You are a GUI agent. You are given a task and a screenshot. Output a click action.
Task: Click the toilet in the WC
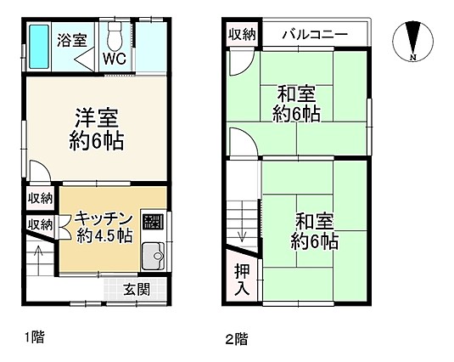point(115,36)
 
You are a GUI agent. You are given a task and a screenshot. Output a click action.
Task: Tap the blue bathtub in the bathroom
point(39,47)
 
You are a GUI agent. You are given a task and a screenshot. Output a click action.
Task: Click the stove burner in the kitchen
point(153,222)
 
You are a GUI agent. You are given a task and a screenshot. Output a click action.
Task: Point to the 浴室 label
point(72,40)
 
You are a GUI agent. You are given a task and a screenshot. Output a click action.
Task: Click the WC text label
point(115,59)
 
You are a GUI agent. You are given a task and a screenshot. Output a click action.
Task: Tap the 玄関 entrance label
point(137,289)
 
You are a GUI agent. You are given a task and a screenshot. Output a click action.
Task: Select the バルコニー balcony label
point(315,35)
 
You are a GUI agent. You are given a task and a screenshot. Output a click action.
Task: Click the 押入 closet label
point(242,280)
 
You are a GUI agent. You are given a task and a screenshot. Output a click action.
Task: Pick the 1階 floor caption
point(34,337)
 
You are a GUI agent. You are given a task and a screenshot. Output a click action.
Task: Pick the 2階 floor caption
point(237,339)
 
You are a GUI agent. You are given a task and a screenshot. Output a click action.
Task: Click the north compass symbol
point(413,41)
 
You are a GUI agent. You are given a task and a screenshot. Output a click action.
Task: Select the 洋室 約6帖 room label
point(97,129)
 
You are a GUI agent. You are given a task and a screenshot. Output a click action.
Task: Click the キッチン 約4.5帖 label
point(104,228)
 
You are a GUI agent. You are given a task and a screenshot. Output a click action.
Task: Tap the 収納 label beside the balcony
point(242,35)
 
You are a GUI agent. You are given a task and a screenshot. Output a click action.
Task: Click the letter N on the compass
point(413,57)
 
